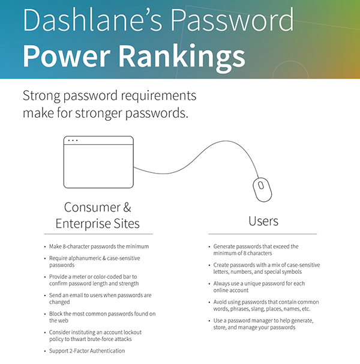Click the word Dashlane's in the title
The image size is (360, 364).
(92, 20)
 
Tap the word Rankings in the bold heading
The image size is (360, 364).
(182, 57)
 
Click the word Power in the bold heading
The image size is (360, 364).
(67, 56)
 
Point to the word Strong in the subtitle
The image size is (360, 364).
(41, 96)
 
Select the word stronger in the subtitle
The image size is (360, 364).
(98, 114)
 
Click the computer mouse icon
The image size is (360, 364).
(262, 190)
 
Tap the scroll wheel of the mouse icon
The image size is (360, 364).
(261, 186)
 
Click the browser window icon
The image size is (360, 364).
(98, 162)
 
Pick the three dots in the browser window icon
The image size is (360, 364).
(73, 141)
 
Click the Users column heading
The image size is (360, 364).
(263, 221)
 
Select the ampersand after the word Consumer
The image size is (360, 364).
(127, 207)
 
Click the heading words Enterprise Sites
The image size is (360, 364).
(97, 223)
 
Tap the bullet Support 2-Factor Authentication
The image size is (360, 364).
(87, 351)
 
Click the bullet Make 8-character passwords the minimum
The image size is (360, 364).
(99, 246)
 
